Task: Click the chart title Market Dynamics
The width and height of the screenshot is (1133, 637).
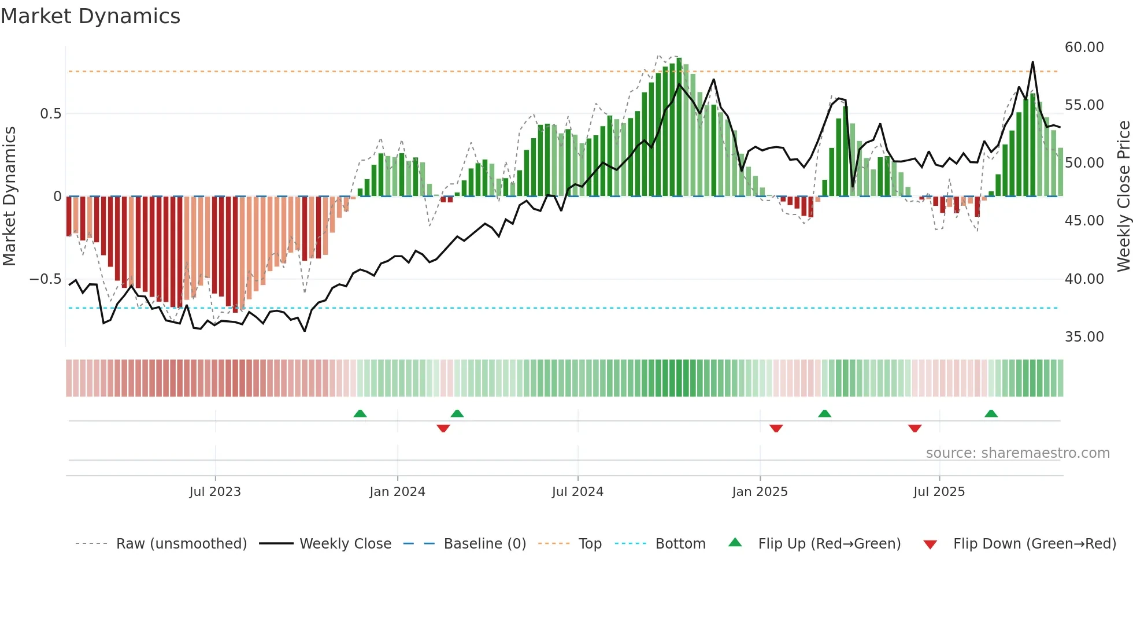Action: pyautogui.click(x=90, y=16)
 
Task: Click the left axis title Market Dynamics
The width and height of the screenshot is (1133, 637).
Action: pyautogui.click(x=9, y=197)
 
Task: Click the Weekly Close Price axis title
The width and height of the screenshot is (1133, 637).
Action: pyautogui.click(x=1123, y=197)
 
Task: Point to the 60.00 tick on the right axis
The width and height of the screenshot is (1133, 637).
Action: pyautogui.click(x=1084, y=47)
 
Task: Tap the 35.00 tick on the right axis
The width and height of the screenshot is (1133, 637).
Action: pyautogui.click(x=1084, y=337)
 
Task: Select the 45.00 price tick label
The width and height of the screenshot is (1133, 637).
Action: pyautogui.click(x=1084, y=221)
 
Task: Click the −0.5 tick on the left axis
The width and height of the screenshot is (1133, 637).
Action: pyautogui.click(x=46, y=279)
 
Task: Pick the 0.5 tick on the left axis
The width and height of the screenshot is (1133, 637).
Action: pyautogui.click(x=50, y=114)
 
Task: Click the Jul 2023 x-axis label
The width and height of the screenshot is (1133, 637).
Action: pyautogui.click(x=215, y=492)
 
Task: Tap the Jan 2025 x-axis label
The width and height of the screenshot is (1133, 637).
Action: pyautogui.click(x=760, y=492)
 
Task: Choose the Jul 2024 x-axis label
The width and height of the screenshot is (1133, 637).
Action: pyautogui.click(x=577, y=492)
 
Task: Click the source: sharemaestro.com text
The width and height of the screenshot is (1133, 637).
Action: pyautogui.click(x=1017, y=453)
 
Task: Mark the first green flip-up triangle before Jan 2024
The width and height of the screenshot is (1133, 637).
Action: pyautogui.click(x=360, y=413)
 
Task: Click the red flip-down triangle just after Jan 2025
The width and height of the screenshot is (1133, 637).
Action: pyautogui.click(x=776, y=428)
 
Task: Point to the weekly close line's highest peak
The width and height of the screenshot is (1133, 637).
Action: pyautogui.click(x=1032, y=62)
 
